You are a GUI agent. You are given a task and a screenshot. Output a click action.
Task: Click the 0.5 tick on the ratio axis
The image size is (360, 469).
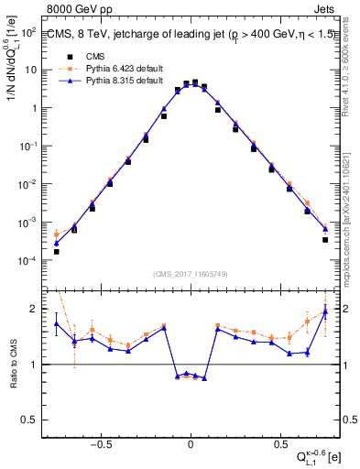pyautogui.click(x=29, y=420)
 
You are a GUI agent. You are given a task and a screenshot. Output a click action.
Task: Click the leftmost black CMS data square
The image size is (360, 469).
pyautogui.click(x=56, y=251)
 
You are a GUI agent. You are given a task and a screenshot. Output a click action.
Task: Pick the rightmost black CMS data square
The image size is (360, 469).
pyautogui.click(x=325, y=240)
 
